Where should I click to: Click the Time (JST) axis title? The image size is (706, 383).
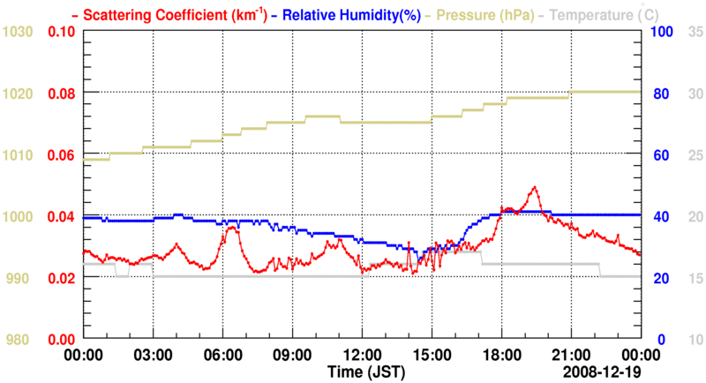point(362,370)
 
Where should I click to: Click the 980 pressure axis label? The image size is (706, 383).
point(21,340)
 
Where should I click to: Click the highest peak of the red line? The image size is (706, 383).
point(534,187)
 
